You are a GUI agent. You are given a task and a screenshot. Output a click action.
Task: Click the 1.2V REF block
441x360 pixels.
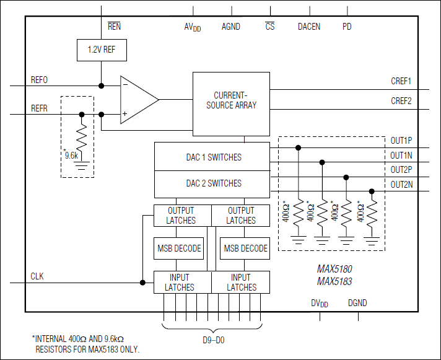pyautogui.click(x=101, y=50)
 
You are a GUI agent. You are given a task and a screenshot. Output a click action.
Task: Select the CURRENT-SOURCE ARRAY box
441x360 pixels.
pyautogui.click(x=231, y=103)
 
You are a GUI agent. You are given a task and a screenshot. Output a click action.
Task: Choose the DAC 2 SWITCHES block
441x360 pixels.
pyautogui.click(x=212, y=183)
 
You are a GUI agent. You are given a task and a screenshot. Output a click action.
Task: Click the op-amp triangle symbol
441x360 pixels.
pyautogui.click(x=137, y=100)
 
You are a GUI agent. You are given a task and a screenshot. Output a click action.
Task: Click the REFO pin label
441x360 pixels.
pyautogui.click(x=39, y=80)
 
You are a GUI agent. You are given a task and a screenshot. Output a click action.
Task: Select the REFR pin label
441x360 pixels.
pyautogui.click(x=39, y=108)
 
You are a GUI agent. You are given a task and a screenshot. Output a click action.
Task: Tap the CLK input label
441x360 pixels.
pyautogui.click(x=38, y=276)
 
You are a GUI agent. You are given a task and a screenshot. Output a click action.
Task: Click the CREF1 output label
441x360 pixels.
pyautogui.click(x=401, y=81)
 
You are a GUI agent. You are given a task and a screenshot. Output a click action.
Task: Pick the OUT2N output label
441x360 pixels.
pyautogui.click(x=401, y=184)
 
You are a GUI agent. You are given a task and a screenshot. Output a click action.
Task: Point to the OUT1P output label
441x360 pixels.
pyautogui.click(x=401, y=140)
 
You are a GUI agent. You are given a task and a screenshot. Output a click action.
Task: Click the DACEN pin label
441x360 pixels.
pyautogui.click(x=309, y=27)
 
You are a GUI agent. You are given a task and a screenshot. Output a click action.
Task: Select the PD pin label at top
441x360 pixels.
pyautogui.click(x=347, y=27)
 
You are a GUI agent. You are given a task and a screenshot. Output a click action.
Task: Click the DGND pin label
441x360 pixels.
pyautogui.click(x=357, y=303)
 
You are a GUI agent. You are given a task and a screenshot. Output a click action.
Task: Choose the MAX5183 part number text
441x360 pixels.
pyautogui.click(x=334, y=281)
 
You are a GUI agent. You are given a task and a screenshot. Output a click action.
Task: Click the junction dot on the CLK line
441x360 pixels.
pyautogui.click(x=142, y=283)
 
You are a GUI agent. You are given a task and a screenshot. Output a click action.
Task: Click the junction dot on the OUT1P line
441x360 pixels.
pyautogui.click(x=299, y=147)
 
